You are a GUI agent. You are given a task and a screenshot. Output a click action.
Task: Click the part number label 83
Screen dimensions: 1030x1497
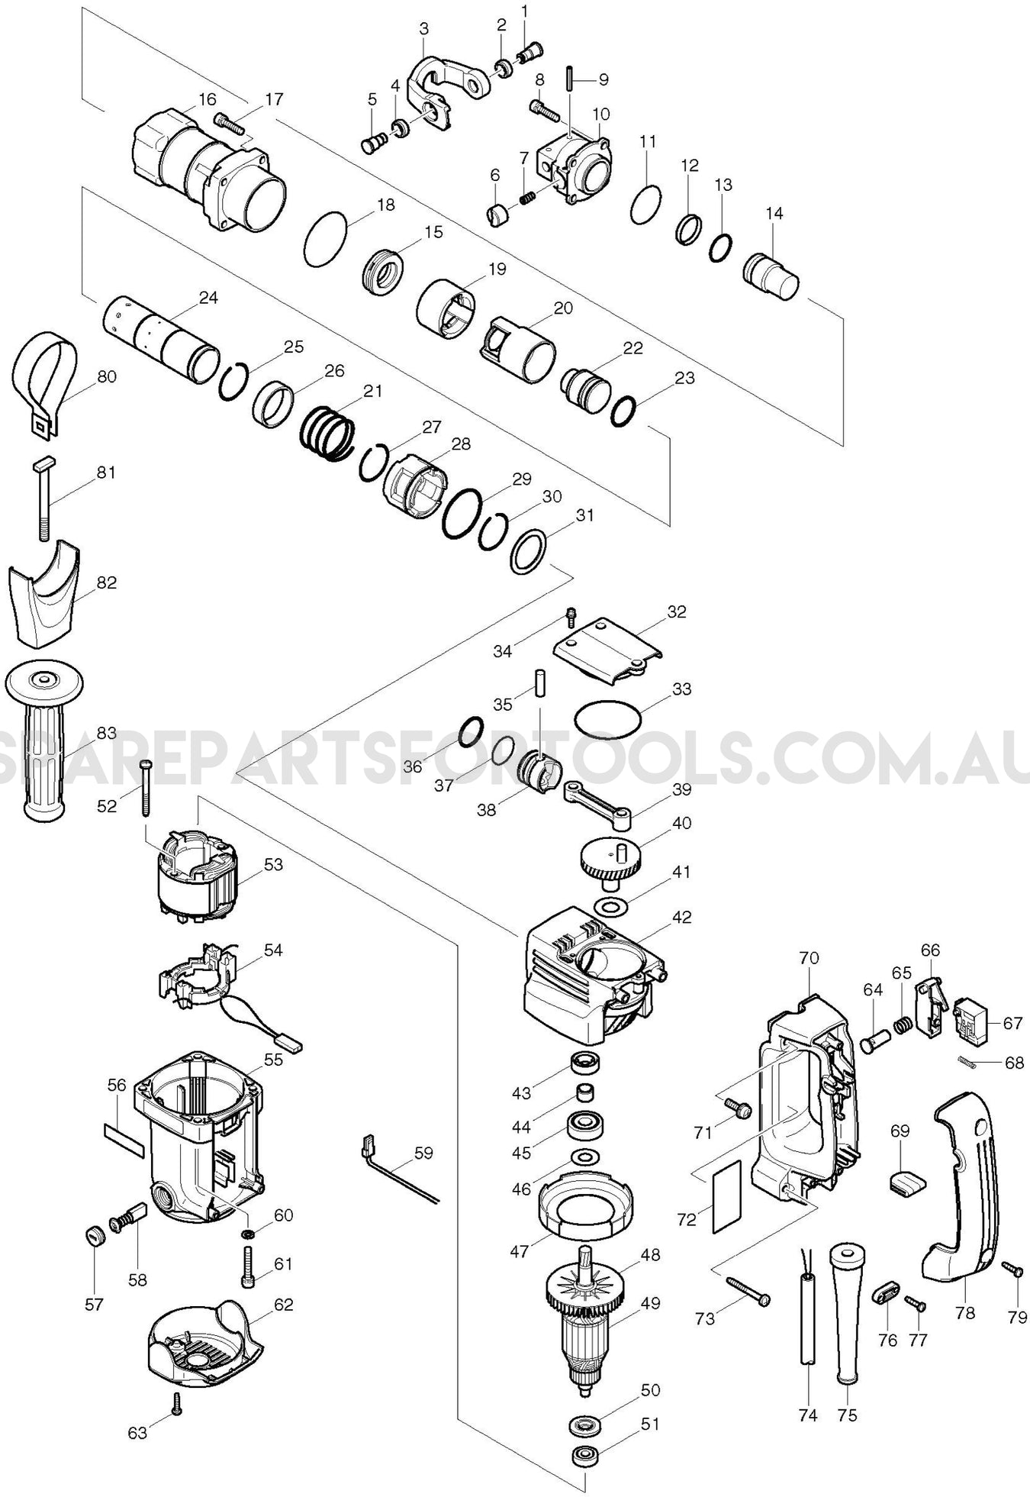tap(107, 733)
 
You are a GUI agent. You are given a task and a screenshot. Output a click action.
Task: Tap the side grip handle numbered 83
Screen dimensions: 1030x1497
tap(44, 740)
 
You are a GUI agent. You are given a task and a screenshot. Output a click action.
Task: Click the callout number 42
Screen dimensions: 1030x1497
tap(681, 917)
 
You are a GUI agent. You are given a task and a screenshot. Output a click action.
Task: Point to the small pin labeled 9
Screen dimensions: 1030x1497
tap(570, 79)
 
